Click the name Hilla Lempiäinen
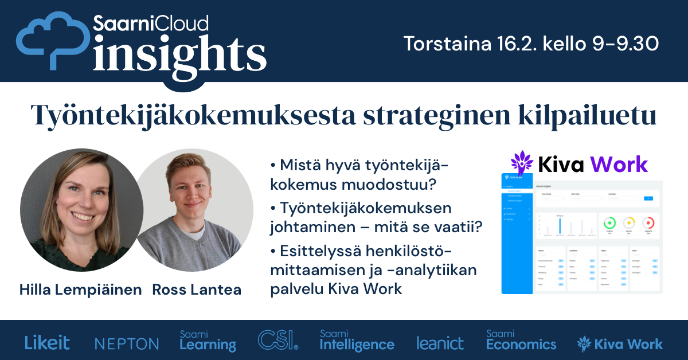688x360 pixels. click(81, 289)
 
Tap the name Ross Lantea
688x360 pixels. click(197, 289)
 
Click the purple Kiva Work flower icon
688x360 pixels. click(522, 163)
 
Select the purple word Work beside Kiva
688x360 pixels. click(619, 165)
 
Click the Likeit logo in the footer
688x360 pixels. click(47, 343)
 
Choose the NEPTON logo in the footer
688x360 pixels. click(127, 344)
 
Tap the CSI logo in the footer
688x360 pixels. click(278, 340)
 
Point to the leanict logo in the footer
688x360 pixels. click(440, 343)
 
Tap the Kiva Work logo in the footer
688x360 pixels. click(620, 344)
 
